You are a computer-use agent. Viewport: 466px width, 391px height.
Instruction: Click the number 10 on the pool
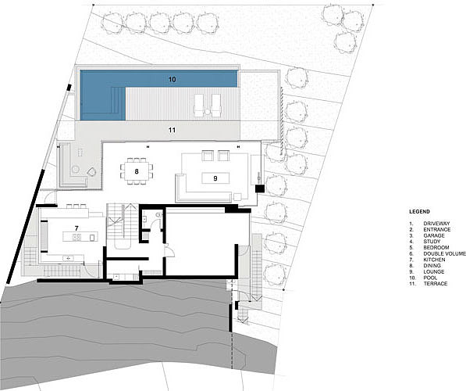172,80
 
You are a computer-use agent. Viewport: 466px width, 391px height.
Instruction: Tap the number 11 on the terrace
172,130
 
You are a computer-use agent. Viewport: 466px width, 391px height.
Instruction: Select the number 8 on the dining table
137,171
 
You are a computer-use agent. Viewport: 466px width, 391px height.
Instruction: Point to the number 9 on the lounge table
215,178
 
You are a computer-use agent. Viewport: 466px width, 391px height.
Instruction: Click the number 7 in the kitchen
76,228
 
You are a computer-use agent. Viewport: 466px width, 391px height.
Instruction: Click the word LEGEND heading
419,212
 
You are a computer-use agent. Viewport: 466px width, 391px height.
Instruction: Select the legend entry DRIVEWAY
436,224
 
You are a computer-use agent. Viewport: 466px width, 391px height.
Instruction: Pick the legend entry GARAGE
434,235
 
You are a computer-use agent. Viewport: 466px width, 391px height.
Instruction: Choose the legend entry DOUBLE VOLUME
445,253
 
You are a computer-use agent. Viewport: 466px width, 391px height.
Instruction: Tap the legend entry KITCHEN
434,260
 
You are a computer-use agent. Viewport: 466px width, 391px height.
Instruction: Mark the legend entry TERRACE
436,284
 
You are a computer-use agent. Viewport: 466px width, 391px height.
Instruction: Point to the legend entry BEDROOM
436,247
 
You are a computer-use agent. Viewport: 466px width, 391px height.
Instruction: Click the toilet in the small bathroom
158,214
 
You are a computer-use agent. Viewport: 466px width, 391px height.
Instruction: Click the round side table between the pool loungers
207,112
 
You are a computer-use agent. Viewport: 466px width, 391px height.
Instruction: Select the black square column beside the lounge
260,188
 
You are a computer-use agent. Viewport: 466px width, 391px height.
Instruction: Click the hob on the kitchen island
76,238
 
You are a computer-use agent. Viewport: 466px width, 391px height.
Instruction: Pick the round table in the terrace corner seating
76,170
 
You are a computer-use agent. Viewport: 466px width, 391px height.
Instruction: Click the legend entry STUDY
432,242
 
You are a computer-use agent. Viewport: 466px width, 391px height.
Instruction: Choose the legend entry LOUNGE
434,272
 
